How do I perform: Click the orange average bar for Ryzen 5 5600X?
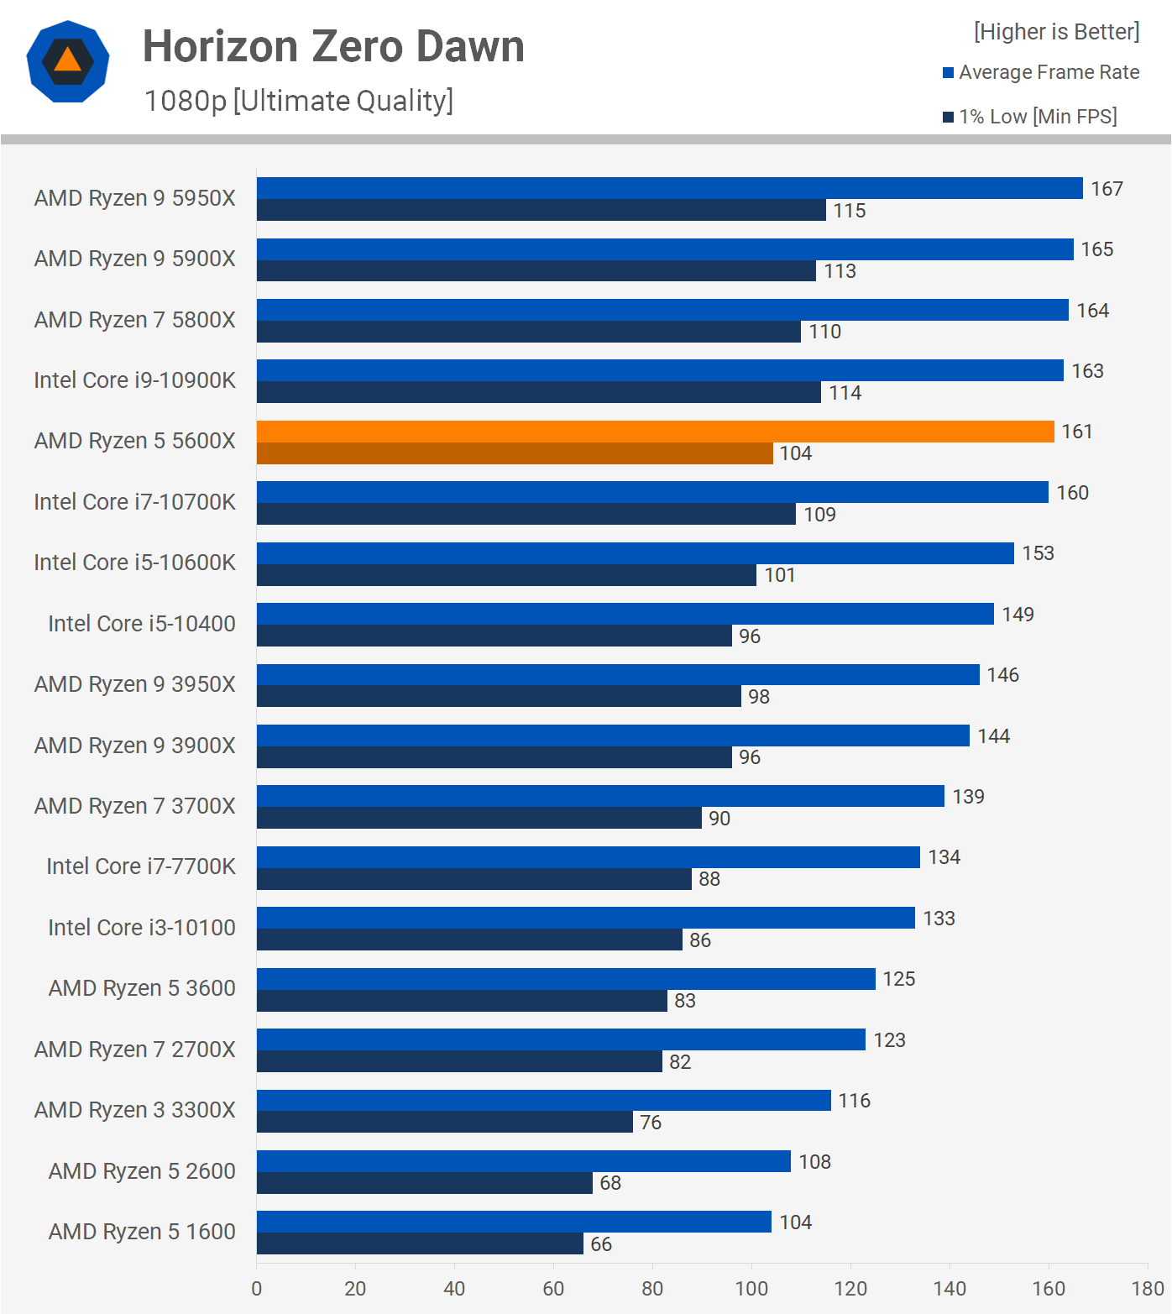click(x=655, y=432)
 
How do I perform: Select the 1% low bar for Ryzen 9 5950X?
click(x=542, y=210)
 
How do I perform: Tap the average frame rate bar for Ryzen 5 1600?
click(x=514, y=1222)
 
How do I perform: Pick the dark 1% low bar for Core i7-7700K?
click(x=474, y=879)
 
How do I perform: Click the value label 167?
click(x=1107, y=189)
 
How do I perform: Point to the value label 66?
click(x=601, y=1244)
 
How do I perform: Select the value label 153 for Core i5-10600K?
click(x=1038, y=553)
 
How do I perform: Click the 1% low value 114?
click(x=845, y=393)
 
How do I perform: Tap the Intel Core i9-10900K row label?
click(x=134, y=380)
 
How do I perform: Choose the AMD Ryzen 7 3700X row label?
click(x=134, y=806)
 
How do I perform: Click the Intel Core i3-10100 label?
click(x=141, y=928)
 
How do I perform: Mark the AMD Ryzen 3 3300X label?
click(x=134, y=1110)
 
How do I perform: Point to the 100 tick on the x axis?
click(x=751, y=1289)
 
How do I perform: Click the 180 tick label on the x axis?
click(x=1148, y=1289)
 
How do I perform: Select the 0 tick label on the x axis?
click(x=256, y=1289)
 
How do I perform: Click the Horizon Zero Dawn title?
click(x=333, y=46)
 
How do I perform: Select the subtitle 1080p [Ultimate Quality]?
click(x=298, y=101)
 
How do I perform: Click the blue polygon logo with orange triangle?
click(x=68, y=61)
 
